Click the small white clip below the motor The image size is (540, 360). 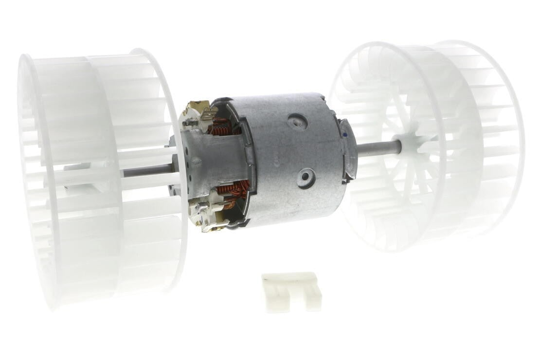pos(291,290)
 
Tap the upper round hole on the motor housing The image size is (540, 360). pos(297,121)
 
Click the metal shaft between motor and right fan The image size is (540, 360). pos(377,146)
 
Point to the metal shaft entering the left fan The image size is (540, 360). pos(146,171)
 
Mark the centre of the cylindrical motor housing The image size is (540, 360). pos(292,156)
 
